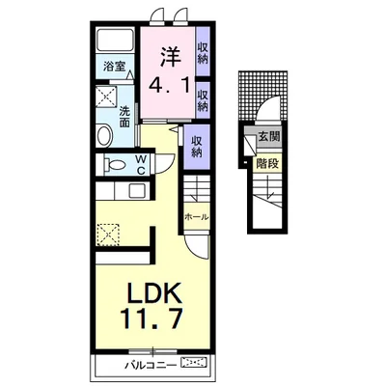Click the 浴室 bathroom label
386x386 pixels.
pos(114,67)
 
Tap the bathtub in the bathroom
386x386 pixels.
pos(115,40)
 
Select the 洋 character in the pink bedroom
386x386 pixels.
pos(169,57)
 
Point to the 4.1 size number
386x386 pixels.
pos(169,86)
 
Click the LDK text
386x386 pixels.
pos(155,293)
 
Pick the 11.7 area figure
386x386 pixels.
pos(152,317)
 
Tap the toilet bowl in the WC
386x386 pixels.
pos(115,165)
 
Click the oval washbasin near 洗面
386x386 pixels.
pos(105,136)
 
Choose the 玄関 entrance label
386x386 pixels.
pos(269,137)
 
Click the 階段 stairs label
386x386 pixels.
pos(267,164)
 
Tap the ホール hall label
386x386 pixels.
pos(197,217)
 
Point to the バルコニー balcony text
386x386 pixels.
pos(151,365)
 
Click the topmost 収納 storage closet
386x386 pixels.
pos(203,52)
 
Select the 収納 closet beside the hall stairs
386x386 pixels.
pos(197,147)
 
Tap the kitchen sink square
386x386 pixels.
pos(137,191)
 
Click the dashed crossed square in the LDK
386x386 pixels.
pos(108,235)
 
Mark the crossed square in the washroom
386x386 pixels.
pos(106,96)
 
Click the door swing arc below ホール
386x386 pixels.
pos(199,250)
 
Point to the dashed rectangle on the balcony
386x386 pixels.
pos(194,364)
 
